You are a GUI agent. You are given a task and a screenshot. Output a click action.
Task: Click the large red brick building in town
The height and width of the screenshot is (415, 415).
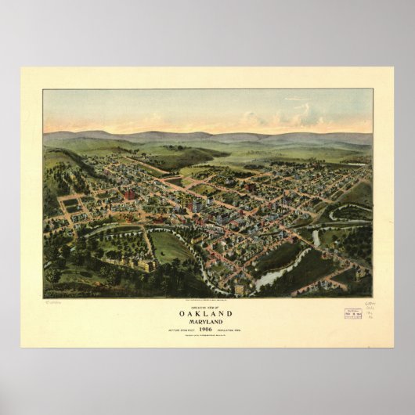click(128, 193)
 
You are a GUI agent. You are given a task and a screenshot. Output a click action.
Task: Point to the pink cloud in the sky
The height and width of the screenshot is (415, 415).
click(258, 119)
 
